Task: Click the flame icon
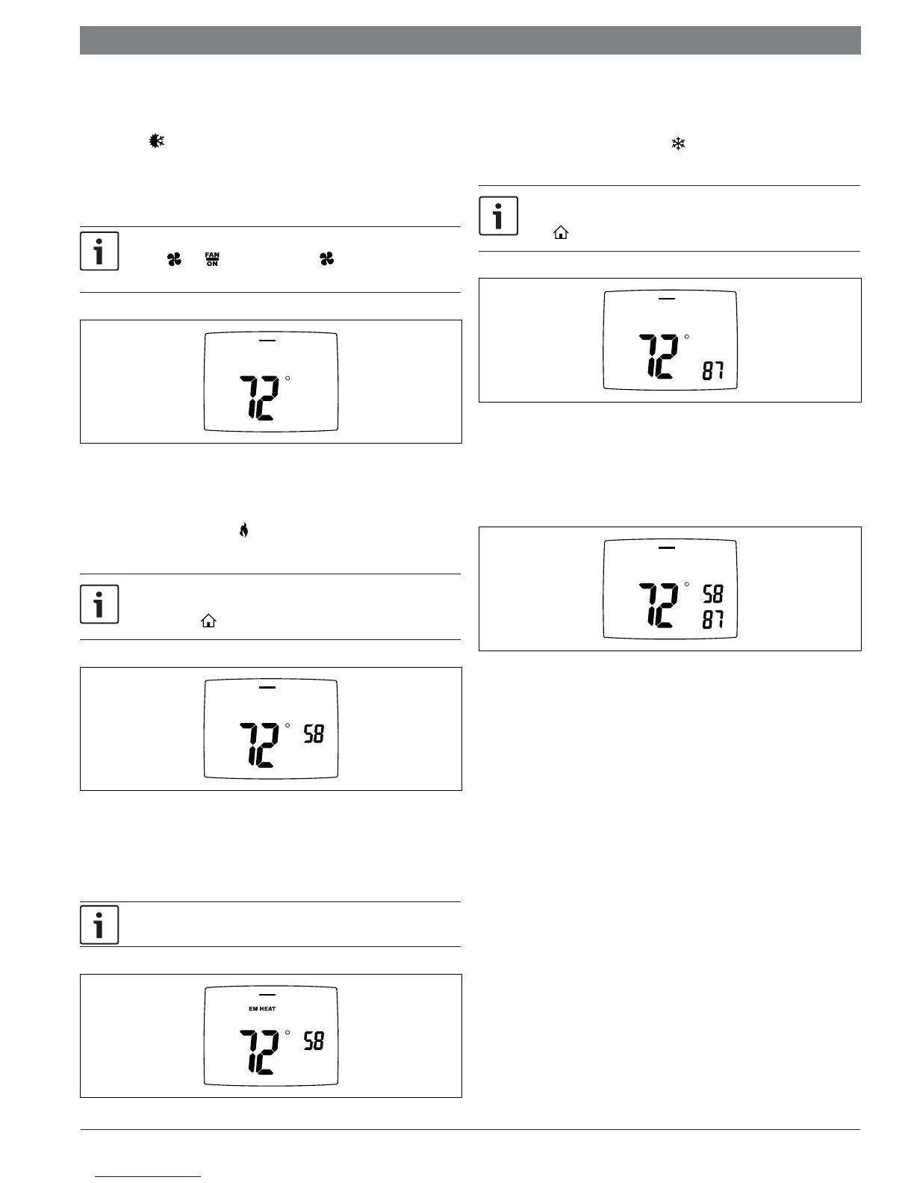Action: tap(243, 531)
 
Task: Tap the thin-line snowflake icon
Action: tap(678, 145)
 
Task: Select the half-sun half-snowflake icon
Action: tap(157, 140)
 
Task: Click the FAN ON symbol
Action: tap(212, 259)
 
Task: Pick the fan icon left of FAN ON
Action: tap(174, 259)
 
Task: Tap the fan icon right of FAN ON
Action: tap(326, 259)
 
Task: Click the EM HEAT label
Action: tap(262, 1009)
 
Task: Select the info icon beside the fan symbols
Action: tap(99, 252)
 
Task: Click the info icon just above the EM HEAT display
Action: tap(99, 925)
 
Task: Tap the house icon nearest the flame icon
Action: tap(208, 621)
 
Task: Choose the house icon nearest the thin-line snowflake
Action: tap(561, 233)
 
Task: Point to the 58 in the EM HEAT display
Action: tap(314, 1041)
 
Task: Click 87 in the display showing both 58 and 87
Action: tap(712, 619)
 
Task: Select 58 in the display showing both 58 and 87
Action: tap(712, 594)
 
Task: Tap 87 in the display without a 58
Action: tap(712, 370)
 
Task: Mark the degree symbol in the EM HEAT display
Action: tap(287, 1033)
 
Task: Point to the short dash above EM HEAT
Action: tap(267, 995)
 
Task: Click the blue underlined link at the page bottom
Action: tap(149, 1176)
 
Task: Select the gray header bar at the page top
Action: tap(470, 40)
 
